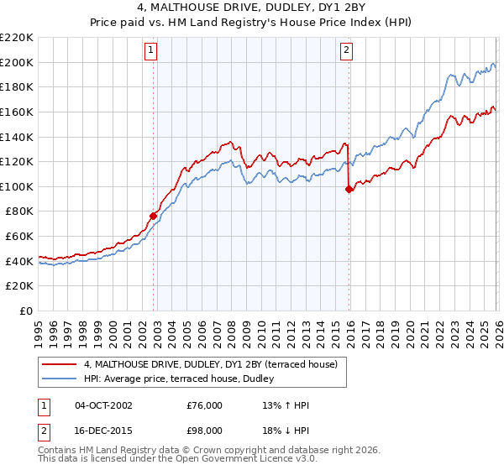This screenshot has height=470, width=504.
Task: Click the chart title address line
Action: (x=252, y=9)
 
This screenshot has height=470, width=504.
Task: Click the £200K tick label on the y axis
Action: (x=17, y=62)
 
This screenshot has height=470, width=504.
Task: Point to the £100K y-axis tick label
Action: (x=17, y=186)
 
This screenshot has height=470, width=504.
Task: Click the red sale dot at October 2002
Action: (x=154, y=216)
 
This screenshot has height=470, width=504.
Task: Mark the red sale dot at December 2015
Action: (x=349, y=189)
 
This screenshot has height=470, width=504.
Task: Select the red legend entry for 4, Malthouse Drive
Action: (x=210, y=364)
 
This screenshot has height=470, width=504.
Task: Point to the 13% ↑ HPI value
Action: (x=286, y=405)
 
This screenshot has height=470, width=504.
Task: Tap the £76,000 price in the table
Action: (x=204, y=405)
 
